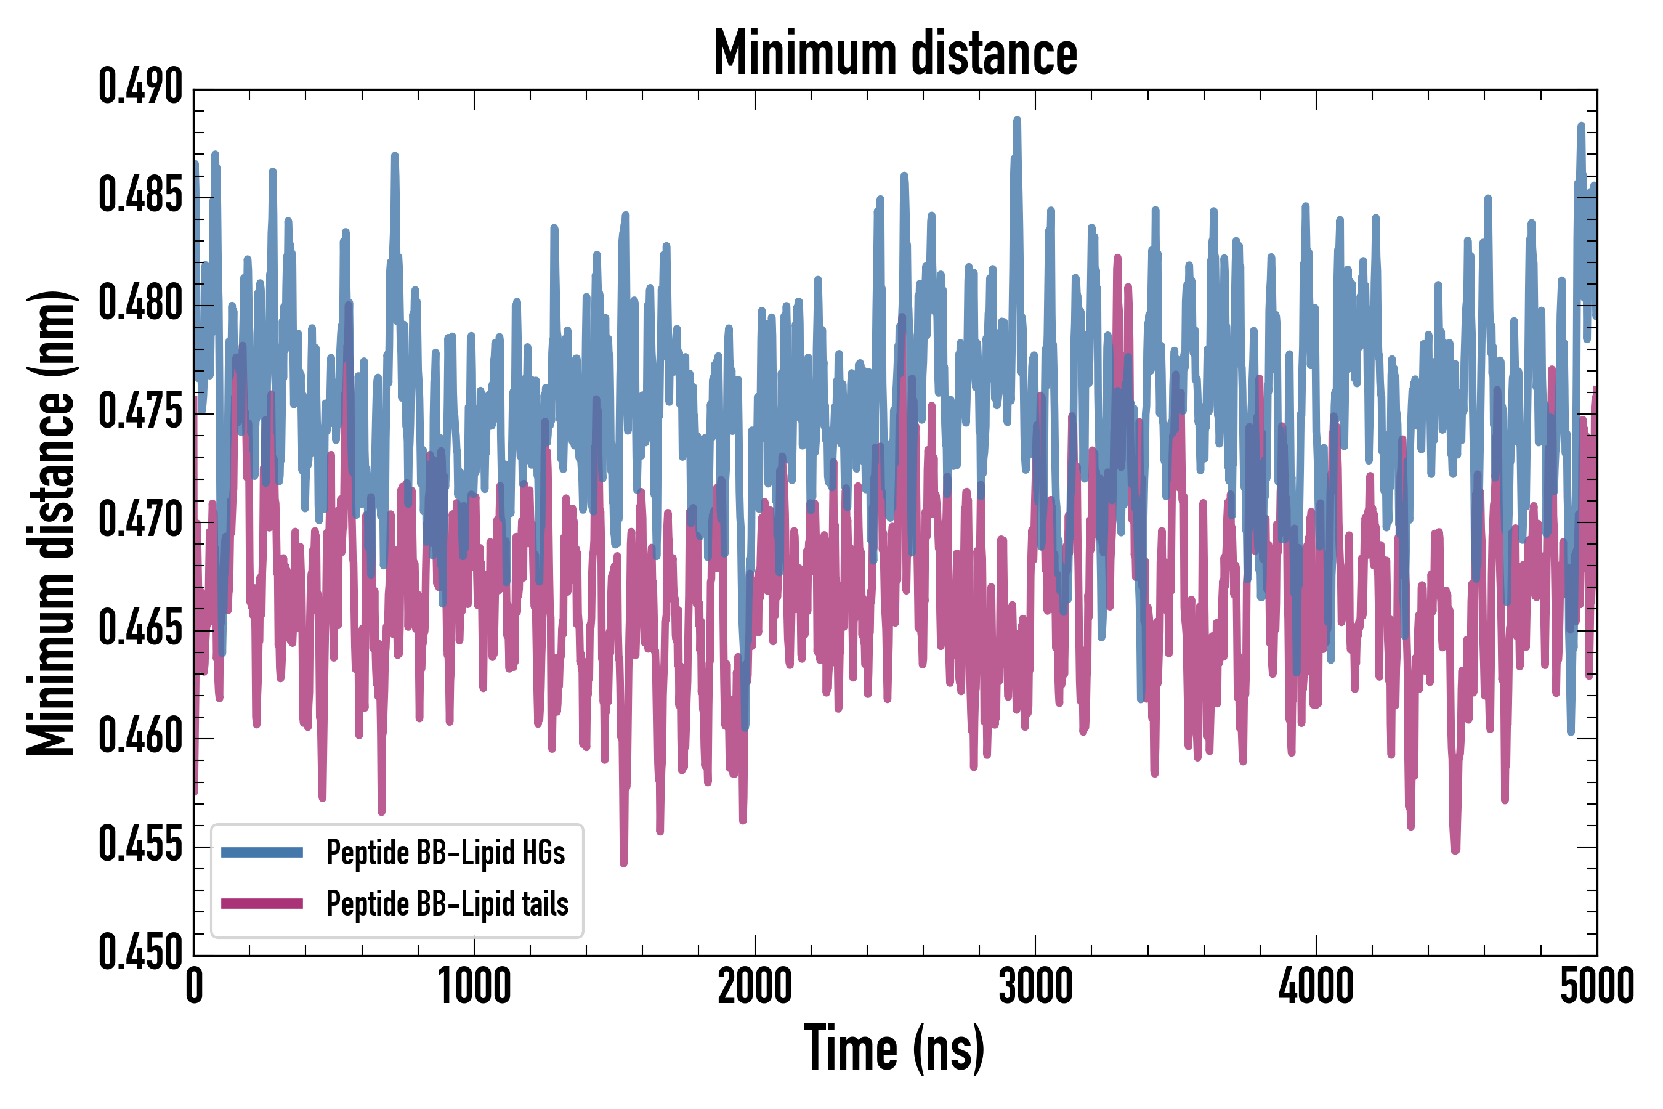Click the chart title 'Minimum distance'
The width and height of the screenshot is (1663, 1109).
895,53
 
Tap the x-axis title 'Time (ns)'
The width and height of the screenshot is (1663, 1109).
894,1049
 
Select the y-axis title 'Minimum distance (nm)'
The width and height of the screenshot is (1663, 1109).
51,522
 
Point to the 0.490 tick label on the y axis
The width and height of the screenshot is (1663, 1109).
140,87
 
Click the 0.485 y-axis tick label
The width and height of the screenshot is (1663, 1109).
140,196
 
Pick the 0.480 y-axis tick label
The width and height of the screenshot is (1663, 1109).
140,304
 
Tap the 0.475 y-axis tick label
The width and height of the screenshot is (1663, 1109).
140,412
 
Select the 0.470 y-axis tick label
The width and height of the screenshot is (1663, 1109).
140,521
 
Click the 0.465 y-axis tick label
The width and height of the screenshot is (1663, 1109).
140,630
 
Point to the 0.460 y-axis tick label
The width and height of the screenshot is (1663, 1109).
140,737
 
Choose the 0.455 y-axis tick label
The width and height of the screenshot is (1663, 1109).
140,846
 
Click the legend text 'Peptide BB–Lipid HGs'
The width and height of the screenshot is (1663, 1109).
445,853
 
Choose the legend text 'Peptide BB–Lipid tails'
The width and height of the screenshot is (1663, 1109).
448,904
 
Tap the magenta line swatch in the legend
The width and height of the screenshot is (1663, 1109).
262,904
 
